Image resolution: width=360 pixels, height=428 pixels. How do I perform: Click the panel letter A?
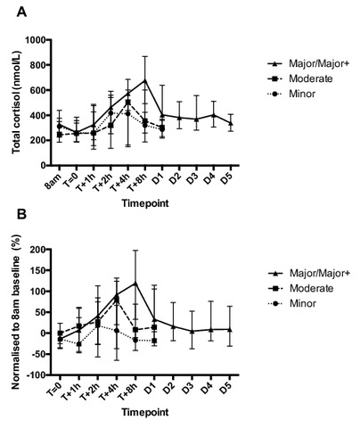(21, 12)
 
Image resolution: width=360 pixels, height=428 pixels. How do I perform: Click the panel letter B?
(22, 214)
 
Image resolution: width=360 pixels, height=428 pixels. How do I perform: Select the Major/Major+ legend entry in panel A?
(307, 63)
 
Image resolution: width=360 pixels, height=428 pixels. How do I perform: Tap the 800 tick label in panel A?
(37, 65)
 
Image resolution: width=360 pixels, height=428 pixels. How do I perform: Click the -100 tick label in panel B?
(37, 375)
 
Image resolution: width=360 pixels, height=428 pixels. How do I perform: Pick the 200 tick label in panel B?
(38, 250)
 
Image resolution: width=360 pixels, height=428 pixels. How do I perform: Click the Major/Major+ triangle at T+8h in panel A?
(145, 80)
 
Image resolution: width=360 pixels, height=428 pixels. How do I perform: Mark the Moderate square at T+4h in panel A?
(127, 103)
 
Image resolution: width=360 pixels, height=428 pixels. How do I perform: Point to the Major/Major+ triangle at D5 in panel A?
(231, 123)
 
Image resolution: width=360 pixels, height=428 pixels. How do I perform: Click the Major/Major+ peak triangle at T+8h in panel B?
(135, 283)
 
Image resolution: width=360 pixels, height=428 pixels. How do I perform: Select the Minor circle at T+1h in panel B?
(79, 344)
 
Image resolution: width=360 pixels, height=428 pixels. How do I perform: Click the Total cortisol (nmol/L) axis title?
(16, 102)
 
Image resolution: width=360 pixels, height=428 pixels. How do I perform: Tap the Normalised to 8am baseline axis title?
(16, 311)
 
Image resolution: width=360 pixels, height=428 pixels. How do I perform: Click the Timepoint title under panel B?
(145, 413)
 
